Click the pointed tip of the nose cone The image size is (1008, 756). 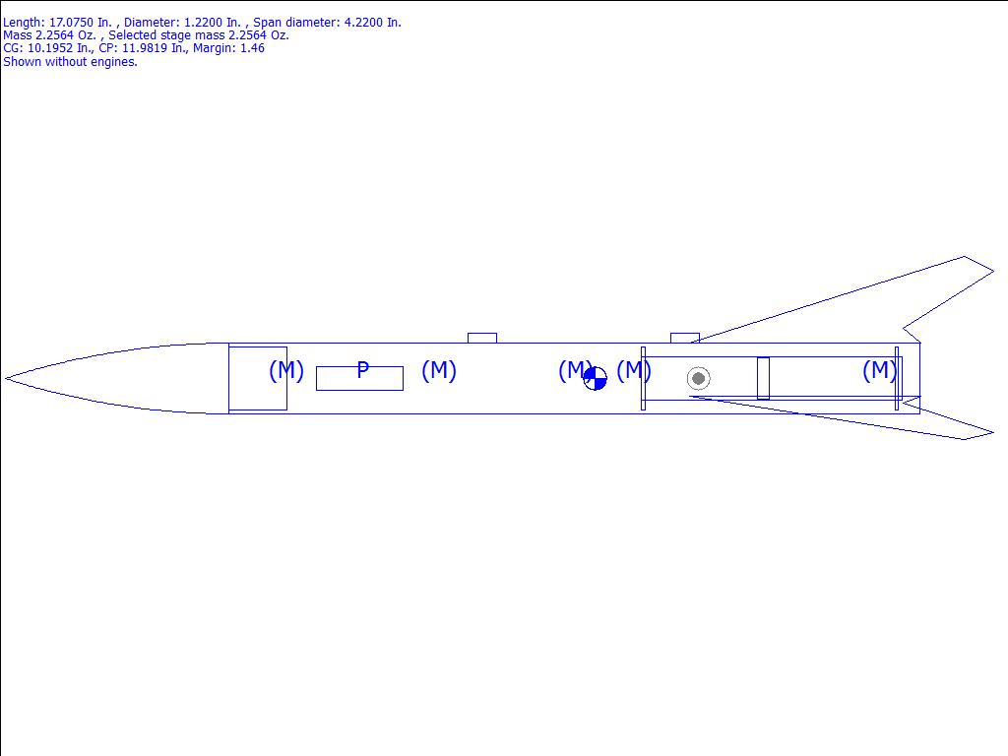(x=6, y=378)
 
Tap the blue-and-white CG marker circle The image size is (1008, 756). (x=596, y=379)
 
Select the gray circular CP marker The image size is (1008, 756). (x=698, y=379)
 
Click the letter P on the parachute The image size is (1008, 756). (x=362, y=370)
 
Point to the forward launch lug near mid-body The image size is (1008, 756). (x=482, y=339)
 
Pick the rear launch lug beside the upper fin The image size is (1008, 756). (x=685, y=339)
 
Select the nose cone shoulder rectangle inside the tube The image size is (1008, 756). (x=258, y=378)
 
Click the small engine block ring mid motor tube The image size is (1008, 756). (x=763, y=378)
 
